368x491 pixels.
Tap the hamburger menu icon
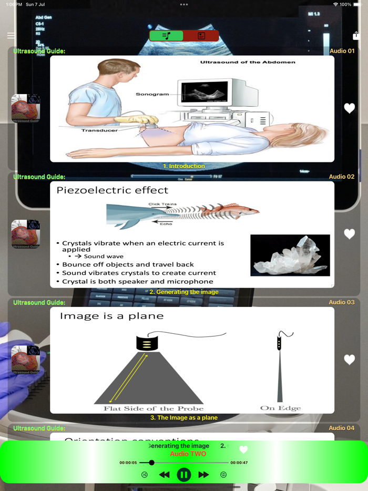tap(11, 36)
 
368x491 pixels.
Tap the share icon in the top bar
tap(356, 36)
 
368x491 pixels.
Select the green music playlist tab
tap(167, 36)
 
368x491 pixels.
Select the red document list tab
tap(201, 36)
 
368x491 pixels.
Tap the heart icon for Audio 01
tap(350, 108)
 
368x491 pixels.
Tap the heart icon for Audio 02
tap(350, 234)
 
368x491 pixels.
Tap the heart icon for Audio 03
tap(350, 360)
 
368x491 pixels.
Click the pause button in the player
tap(183, 475)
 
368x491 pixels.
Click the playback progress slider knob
tap(151, 463)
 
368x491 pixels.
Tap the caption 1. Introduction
tap(184, 166)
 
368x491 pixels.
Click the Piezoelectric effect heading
tap(113, 190)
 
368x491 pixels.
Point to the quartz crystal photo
tap(290, 255)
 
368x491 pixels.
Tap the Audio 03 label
tap(342, 302)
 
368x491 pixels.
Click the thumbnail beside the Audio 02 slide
tap(26, 234)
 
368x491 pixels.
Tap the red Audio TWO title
tap(188, 454)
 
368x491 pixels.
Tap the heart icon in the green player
tap(243, 449)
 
